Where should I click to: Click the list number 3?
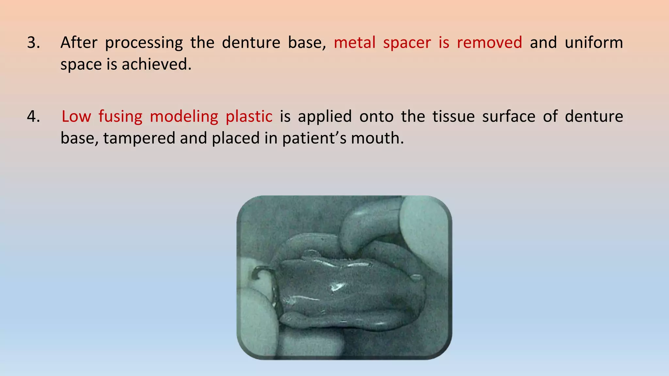pyautogui.click(x=33, y=43)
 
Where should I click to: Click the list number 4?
pyautogui.click(x=33, y=117)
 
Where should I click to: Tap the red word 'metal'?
pyautogui.click(x=354, y=43)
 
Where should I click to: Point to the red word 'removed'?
pyautogui.click(x=489, y=43)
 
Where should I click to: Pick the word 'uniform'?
pyautogui.click(x=594, y=43)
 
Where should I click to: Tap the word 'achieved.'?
pyautogui.click(x=156, y=64)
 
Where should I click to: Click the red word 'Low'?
pyautogui.click(x=76, y=117)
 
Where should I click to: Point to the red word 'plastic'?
pyautogui.click(x=249, y=117)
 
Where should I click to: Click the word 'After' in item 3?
pyautogui.click(x=79, y=43)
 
